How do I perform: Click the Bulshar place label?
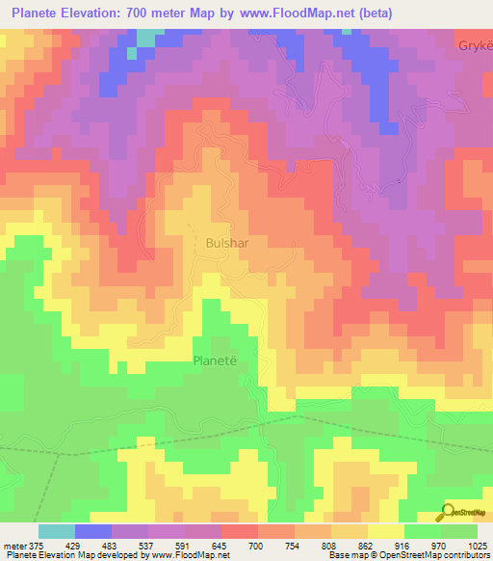[x=227, y=244]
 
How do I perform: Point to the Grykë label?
[x=476, y=46]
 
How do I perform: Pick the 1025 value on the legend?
[x=478, y=547]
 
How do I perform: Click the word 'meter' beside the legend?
[x=14, y=547]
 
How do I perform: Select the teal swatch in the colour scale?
[x=57, y=531]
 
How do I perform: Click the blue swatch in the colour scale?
[x=93, y=531]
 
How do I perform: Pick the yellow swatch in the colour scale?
[x=386, y=531]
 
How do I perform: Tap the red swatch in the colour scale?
[x=240, y=531]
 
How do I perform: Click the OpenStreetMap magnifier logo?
[x=448, y=512]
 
